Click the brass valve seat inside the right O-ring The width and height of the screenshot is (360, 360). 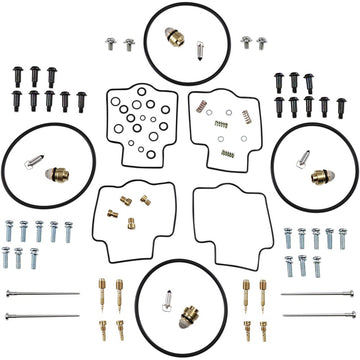click(322, 176)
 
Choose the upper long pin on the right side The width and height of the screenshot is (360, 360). click(318, 295)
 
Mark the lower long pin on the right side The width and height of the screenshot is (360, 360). click(318, 316)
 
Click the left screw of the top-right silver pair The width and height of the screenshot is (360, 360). click(246, 43)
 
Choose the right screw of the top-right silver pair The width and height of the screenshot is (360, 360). click(262, 43)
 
